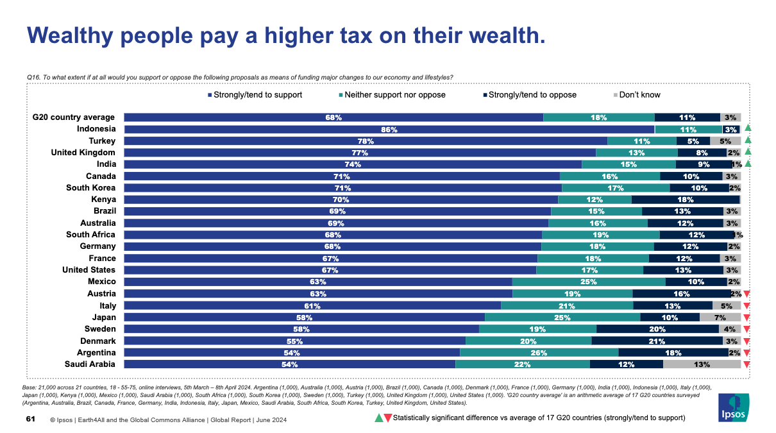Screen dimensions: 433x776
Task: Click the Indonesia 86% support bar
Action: pyautogui.click(x=389, y=130)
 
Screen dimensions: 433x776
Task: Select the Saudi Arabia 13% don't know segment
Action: pyautogui.click(x=702, y=364)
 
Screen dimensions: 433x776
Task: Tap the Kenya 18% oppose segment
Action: pyautogui.click(x=685, y=200)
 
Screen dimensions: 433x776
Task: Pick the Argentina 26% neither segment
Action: pyautogui.click(x=539, y=353)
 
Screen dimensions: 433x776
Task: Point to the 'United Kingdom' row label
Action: pyautogui.click(x=83, y=153)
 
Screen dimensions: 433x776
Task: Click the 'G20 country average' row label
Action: pyautogui.click(x=74, y=117)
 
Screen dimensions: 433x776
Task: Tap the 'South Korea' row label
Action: pyautogui.click(x=90, y=188)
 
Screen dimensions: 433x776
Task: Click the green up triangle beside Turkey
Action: pyautogui.click(x=748, y=140)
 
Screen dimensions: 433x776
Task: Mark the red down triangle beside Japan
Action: pyautogui.click(x=747, y=318)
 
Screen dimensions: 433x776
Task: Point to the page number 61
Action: pyautogui.click(x=30, y=420)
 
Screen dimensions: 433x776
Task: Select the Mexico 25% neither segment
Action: pyautogui.click(x=589, y=282)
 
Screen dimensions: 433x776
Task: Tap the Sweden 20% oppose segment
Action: pyautogui.click(x=657, y=329)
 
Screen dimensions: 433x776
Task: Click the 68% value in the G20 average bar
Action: pyautogui.click(x=333, y=117)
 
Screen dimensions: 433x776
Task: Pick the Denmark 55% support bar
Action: pyautogui.click(x=294, y=341)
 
